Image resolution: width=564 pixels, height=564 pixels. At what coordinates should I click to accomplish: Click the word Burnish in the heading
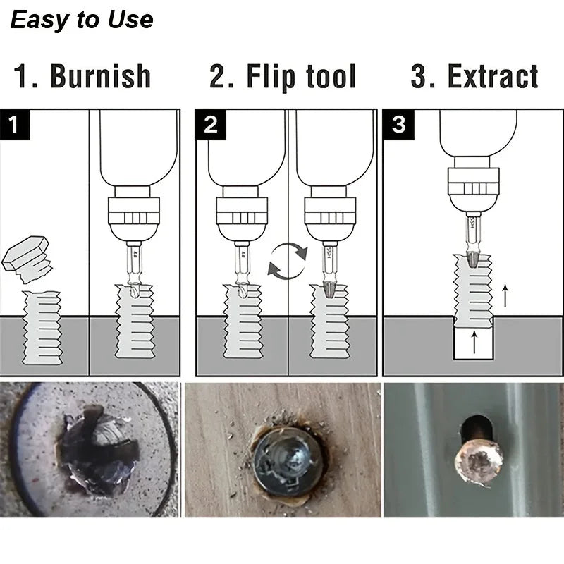(100, 77)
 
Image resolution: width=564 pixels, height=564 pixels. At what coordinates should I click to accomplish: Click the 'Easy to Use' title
(82, 19)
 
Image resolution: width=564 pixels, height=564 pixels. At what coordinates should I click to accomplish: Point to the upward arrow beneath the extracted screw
(474, 345)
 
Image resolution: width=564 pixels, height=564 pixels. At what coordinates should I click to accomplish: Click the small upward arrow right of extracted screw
(505, 295)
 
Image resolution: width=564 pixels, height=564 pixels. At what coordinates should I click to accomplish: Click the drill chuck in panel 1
(133, 211)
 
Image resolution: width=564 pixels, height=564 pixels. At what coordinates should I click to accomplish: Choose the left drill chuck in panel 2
(242, 211)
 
